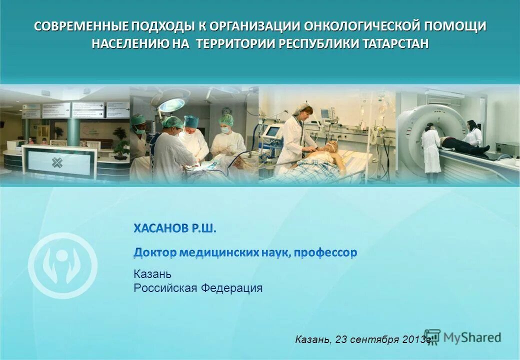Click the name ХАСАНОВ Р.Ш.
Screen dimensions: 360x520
(175, 229)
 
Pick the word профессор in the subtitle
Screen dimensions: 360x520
(325, 253)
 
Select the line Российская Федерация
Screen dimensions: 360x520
(197, 288)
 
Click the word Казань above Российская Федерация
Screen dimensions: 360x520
(152, 274)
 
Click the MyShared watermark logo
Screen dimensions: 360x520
(462, 337)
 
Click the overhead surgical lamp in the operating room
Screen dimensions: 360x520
(171, 104)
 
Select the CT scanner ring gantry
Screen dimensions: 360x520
(420, 130)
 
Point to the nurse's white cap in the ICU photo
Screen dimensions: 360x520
(303, 106)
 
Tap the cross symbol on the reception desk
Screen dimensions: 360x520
(57, 163)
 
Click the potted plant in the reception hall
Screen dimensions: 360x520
(120, 140)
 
